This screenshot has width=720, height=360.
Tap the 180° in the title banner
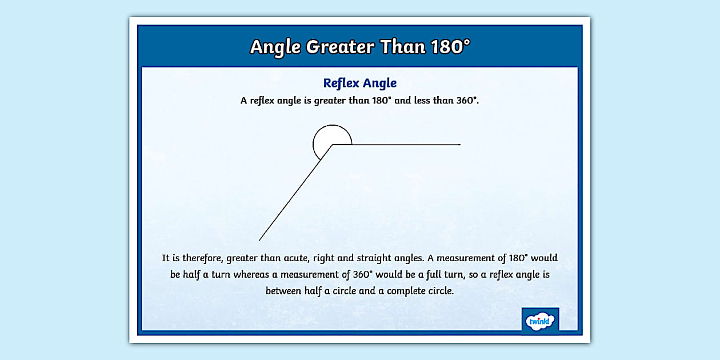pyautogui.click(x=450, y=47)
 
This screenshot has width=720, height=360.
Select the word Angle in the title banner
pyautogui.click(x=275, y=47)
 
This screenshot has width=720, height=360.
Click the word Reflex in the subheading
pyautogui.click(x=341, y=83)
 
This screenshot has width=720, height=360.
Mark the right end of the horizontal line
pyautogui.click(x=459, y=145)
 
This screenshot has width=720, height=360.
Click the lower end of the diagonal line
pyautogui.click(x=259, y=240)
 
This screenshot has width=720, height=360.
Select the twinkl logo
pyautogui.click(x=540, y=321)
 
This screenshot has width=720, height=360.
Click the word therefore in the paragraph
pyautogui.click(x=203, y=258)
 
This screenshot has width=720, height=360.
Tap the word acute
pyautogui.click(x=293, y=258)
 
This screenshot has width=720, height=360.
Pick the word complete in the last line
pyautogui.click(x=409, y=291)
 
